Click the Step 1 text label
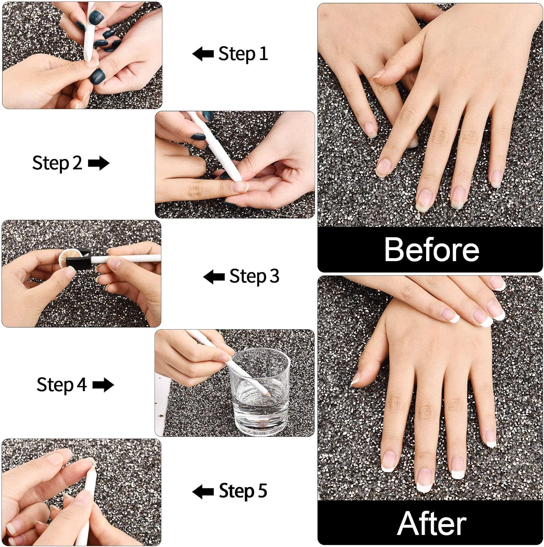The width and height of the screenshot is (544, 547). click(243, 54)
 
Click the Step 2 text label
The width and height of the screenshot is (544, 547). click(57, 163)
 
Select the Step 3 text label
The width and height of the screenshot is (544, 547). click(254, 276)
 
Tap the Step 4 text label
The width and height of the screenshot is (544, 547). click(61, 385)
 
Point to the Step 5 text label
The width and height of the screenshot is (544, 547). click(243, 491)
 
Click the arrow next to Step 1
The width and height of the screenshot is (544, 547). click(203, 54)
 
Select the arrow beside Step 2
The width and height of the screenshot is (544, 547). click(99, 163)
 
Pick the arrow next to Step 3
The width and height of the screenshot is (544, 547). click(214, 277)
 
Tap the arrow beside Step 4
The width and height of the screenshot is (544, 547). click(103, 385)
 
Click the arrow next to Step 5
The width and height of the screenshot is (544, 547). click(203, 492)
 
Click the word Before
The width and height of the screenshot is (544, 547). click(431, 249)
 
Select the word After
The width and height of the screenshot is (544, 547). click(431, 523)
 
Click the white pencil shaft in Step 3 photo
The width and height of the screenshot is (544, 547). click(128, 259)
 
